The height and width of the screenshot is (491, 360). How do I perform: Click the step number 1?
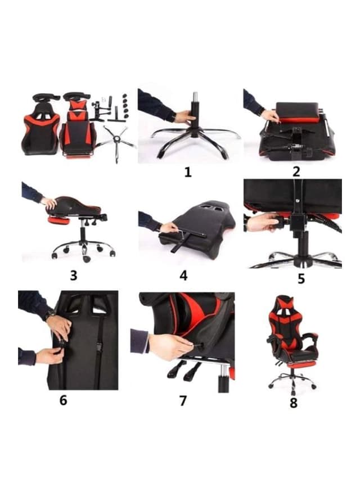pos(188,172)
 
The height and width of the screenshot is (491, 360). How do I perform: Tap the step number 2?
pos(296,172)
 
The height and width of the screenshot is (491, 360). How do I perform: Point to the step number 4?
pos(183,276)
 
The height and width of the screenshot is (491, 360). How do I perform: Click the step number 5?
pos(301,278)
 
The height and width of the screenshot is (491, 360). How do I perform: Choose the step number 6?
pos(63,400)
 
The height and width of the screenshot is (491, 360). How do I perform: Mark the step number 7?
pos(183,400)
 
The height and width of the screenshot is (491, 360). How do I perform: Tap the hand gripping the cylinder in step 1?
pos(183,117)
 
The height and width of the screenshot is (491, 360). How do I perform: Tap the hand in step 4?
pos(167,227)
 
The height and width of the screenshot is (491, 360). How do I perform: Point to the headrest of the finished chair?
pos(290,304)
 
